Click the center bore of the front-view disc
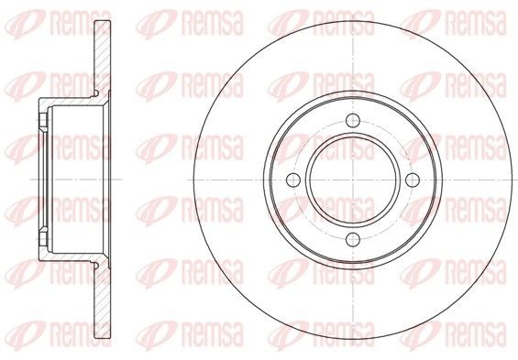tap(353, 180)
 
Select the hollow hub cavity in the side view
tap(73, 179)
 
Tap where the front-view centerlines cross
tap(353, 180)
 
